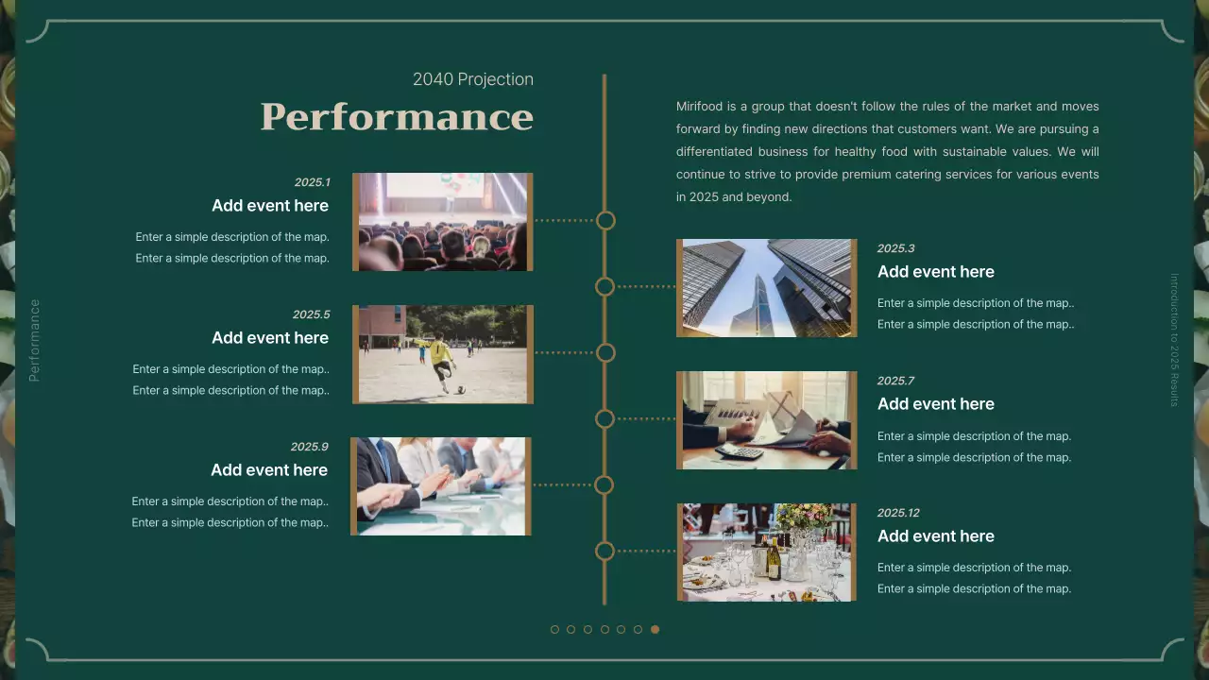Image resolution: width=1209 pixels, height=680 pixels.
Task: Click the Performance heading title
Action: [397, 117]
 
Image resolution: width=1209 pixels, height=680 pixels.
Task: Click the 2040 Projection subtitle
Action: [472, 79]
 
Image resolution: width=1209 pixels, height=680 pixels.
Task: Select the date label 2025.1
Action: [312, 182]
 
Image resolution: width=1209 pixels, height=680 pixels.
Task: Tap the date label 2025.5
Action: [311, 314]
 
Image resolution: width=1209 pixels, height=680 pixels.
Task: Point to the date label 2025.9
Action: [309, 447]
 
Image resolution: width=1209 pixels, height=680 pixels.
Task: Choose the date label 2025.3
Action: [895, 248]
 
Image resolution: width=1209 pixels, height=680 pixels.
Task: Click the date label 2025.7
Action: [895, 381]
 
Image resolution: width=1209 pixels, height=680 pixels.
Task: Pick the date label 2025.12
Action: [897, 513]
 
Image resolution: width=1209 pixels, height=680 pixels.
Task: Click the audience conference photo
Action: [443, 222]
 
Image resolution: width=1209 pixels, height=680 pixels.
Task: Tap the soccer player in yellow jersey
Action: [439, 356]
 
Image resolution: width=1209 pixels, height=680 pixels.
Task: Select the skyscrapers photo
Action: [766, 288]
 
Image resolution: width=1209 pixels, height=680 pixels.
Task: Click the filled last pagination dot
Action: [655, 630]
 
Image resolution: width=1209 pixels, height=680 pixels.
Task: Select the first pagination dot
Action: [554, 630]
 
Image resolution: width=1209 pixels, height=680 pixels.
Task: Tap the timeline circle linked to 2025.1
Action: [605, 220]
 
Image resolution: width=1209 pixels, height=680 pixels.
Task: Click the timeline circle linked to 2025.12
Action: [604, 551]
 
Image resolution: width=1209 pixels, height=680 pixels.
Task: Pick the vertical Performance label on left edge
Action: [35, 340]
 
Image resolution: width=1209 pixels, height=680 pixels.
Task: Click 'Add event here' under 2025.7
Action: [935, 404]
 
